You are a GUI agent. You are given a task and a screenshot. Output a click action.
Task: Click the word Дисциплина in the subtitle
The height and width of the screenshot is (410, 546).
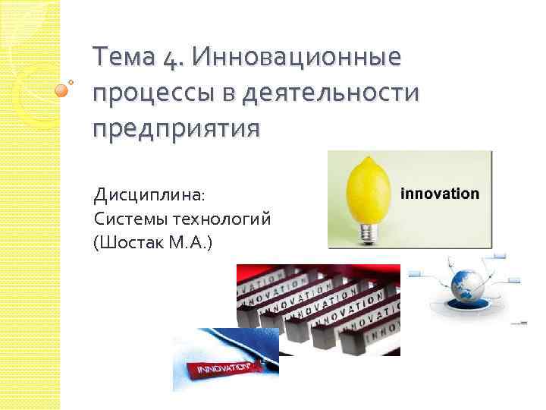148,195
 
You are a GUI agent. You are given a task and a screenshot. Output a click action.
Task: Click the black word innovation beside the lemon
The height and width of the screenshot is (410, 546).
440,194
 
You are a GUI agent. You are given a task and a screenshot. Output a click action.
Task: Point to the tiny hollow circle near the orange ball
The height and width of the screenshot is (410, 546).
71,80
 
